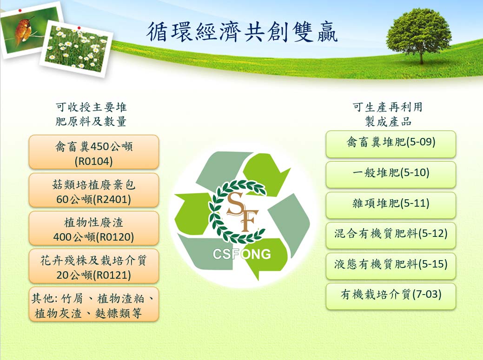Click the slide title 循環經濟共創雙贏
[x=242, y=32]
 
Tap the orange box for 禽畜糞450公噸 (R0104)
[x=93, y=152]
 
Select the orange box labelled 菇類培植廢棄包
[x=93, y=190]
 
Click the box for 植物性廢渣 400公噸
[x=93, y=228]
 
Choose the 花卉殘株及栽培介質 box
[x=93, y=266]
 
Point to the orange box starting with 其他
[x=93, y=304]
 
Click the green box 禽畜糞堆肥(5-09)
[x=390, y=144]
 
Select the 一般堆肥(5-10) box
[x=390, y=175]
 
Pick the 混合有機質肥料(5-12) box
[x=390, y=236]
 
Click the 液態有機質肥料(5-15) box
[x=390, y=266]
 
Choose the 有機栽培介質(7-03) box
[x=390, y=296]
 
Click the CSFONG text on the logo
[x=242, y=254]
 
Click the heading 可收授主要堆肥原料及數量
[x=91, y=114]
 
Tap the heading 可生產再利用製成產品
[x=388, y=114]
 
